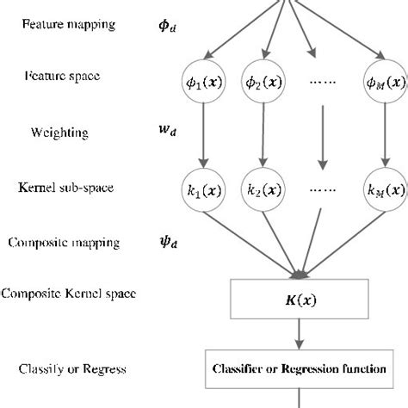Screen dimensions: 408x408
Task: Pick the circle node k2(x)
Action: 263,187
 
